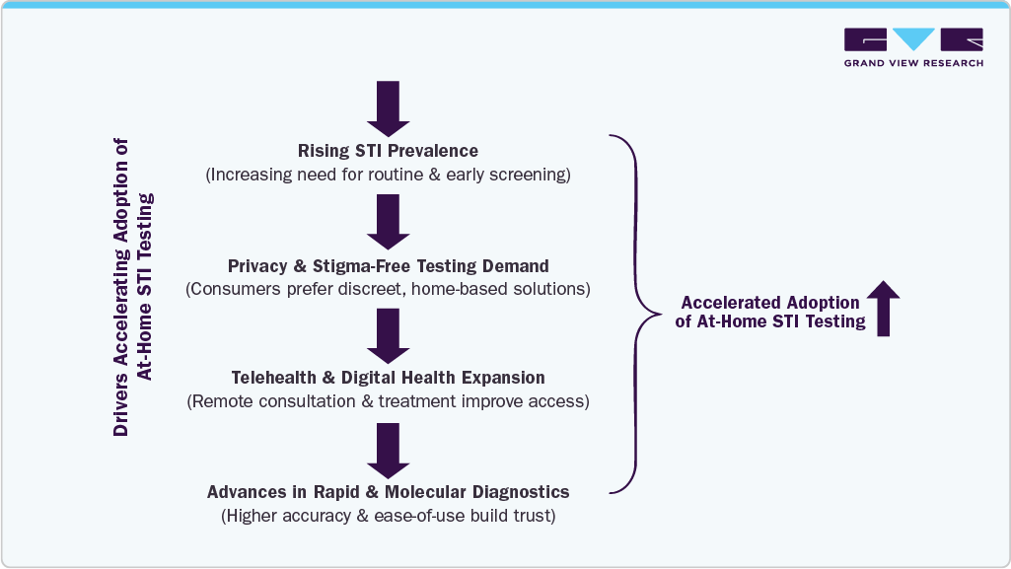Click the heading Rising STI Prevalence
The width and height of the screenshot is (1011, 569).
point(388,151)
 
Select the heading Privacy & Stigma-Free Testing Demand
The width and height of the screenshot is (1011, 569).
point(388,266)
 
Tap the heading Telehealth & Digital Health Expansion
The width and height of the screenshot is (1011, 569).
point(388,378)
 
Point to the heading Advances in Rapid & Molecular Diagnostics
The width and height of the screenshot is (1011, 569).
point(388,491)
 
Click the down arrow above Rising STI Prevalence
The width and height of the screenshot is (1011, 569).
point(388,107)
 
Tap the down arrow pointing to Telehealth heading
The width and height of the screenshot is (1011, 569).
point(388,335)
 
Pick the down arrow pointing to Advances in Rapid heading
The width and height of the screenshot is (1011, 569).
point(388,450)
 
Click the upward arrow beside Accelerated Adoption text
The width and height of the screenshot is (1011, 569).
point(883,308)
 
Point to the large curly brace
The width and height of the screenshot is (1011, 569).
point(636,314)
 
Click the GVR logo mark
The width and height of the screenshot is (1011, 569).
point(913,40)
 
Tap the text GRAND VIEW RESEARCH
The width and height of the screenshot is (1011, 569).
point(913,63)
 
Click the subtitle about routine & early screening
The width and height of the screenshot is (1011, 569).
point(388,175)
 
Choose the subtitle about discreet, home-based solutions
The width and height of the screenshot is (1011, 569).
point(388,289)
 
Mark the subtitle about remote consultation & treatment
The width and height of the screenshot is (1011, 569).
point(388,401)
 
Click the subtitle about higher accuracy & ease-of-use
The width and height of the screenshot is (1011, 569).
point(388,515)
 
